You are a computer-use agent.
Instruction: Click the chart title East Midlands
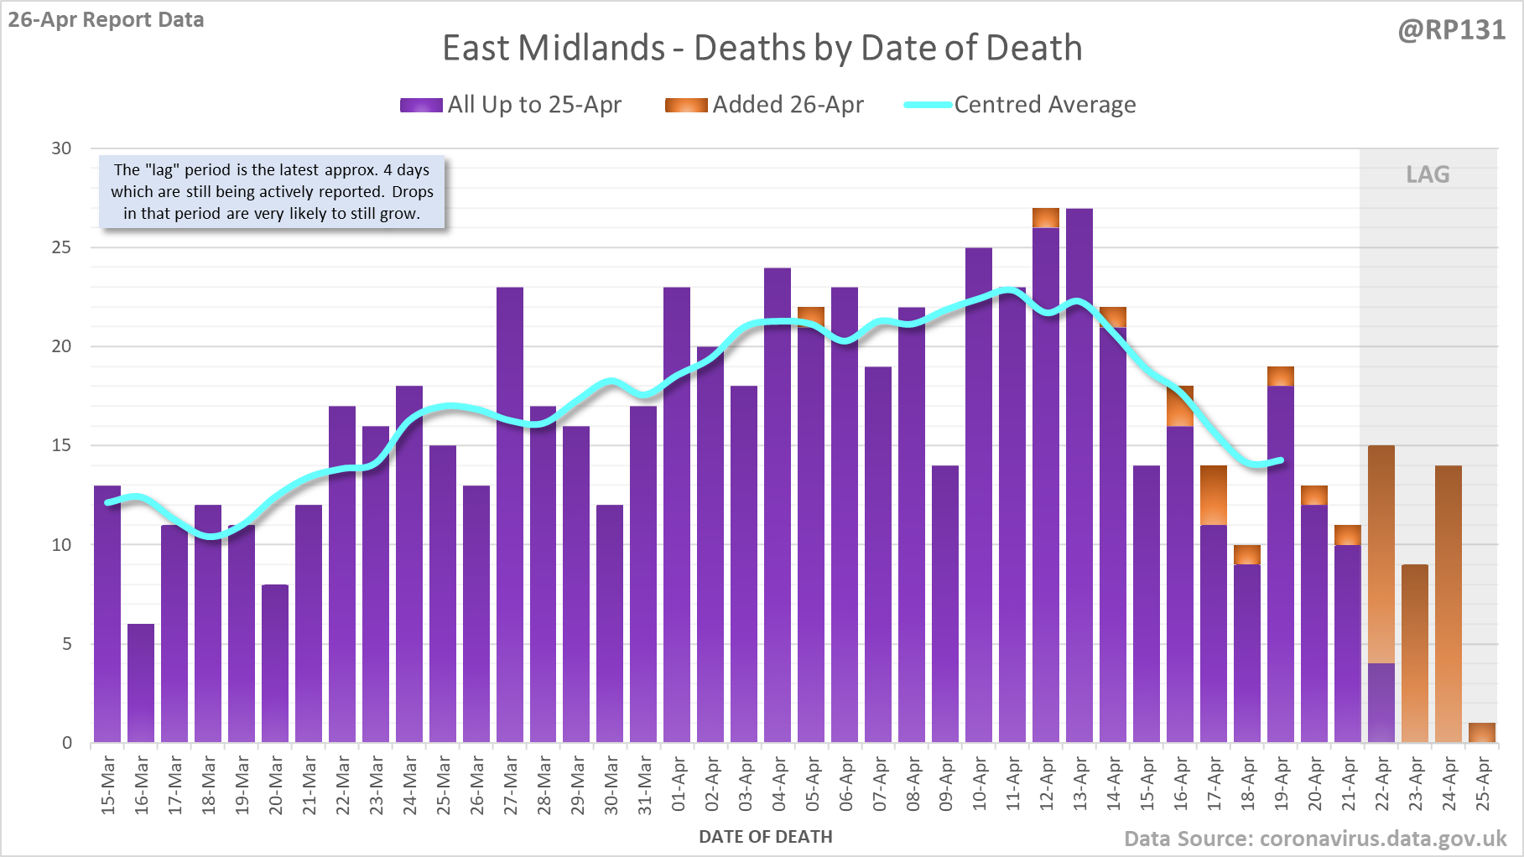pyautogui.click(x=762, y=48)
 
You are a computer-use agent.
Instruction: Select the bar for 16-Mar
pyautogui.click(x=141, y=683)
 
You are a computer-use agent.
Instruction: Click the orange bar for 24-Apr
pyautogui.click(x=1449, y=604)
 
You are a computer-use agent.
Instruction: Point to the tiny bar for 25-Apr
pyautogui.click(x=1482, y=733)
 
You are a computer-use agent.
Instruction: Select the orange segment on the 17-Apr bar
pyautogui.click(x=1214, y=496)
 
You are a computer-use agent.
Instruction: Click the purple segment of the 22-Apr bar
pyautogui.click(x=1381, y=703)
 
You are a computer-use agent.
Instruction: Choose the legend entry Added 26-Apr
pyautogui.click(x=764, y=105)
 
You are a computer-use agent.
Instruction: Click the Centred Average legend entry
pyautogui.click(x=1020, y=105)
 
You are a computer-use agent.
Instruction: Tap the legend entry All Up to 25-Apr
pyautogui.click(x=511, y=105)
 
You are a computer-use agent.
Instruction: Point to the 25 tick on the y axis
pyautogui.click(x=61, y=247)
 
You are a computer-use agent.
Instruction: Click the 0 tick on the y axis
pyautogui.click(x=67, y=743)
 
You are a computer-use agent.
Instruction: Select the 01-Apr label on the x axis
pyautogui.click(x=679, y=785)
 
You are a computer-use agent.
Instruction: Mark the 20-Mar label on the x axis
pyautogui.click(x=276, y=785)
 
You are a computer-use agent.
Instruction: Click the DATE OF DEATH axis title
pyautogui.click(x=766, y=837)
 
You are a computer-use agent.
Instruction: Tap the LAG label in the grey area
pyautogui.click(x=1428, y=174)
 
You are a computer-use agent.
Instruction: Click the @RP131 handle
pyautogui.click(x=1452, y=30)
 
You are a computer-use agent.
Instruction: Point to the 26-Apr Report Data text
pyautogui.click(x=107, y=19)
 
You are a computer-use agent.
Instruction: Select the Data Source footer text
pyautogui.click(x=1315, y=839)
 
